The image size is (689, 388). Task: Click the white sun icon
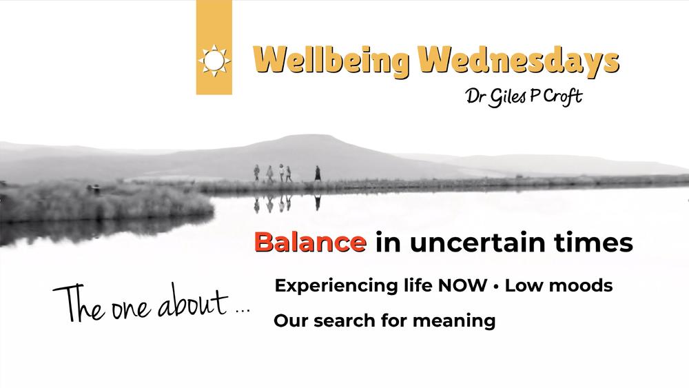(214, 60)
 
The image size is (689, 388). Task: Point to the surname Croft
(563, 96)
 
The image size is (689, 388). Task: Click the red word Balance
(310, 242)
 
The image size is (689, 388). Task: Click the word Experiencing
(336, 286)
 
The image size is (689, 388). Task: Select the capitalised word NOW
(462, 285)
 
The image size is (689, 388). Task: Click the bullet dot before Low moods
(495, 287)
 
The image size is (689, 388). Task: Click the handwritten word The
(79, 304)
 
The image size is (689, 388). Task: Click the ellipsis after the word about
(243, 311)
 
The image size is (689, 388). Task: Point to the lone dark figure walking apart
(317, 173)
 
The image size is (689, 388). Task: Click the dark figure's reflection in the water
(317, 202)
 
